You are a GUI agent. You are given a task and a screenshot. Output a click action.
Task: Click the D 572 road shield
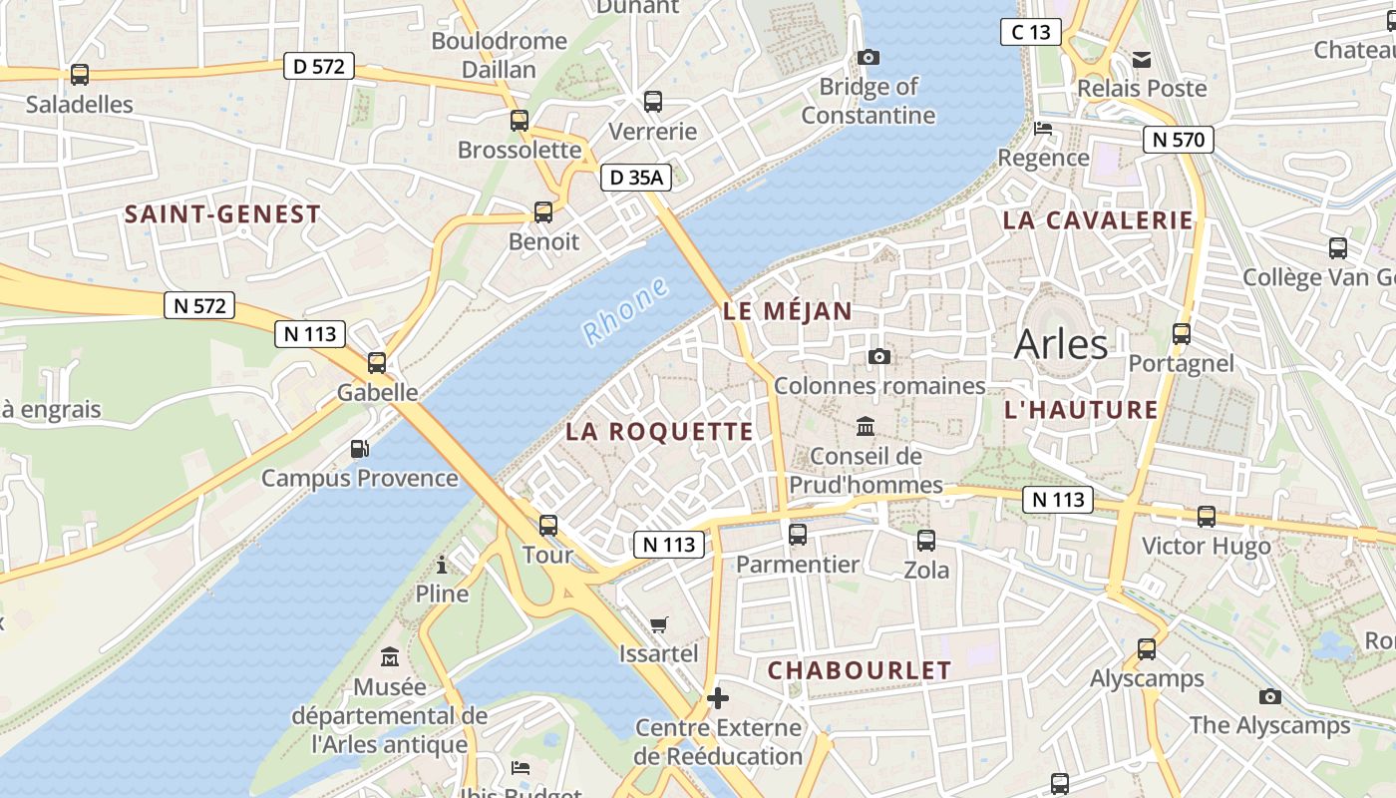coord(319,67)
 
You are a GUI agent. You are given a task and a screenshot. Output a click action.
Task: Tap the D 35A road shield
coord(636,178)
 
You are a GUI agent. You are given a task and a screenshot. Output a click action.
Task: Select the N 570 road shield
coord(1178,140)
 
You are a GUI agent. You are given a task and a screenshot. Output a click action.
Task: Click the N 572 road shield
coord(199,305)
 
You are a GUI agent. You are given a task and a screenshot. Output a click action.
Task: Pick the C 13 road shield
coord(1030,32)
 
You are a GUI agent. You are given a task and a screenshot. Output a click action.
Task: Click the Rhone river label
coord(625,311)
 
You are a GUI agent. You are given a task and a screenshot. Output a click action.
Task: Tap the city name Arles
coord(1061,344)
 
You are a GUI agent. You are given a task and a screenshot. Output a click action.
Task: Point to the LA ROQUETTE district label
coord(659,432)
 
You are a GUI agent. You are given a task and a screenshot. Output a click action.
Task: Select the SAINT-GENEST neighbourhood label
coord(222,213)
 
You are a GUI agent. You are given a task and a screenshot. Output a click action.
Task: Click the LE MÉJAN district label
coord(788,311)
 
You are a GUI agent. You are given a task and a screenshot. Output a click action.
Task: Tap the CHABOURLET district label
coord(860,670)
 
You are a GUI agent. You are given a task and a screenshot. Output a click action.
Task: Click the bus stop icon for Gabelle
coord(377,363)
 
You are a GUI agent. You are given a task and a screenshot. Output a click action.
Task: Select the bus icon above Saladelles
coord(80,74)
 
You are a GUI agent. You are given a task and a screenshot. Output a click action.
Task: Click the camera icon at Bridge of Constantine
coord(869,58)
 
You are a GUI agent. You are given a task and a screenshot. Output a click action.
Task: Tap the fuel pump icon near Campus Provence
coord(359,450)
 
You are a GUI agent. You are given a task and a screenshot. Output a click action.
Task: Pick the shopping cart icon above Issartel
coord(658,625)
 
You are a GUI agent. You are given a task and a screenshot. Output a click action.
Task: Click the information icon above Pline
coord(442,566)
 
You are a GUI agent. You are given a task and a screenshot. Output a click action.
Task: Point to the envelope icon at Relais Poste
coord(1142,60)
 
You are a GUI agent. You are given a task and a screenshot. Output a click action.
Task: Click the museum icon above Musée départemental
coord(390,658)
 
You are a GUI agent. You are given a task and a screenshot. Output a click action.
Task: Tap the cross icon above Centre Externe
coord(718,698)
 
